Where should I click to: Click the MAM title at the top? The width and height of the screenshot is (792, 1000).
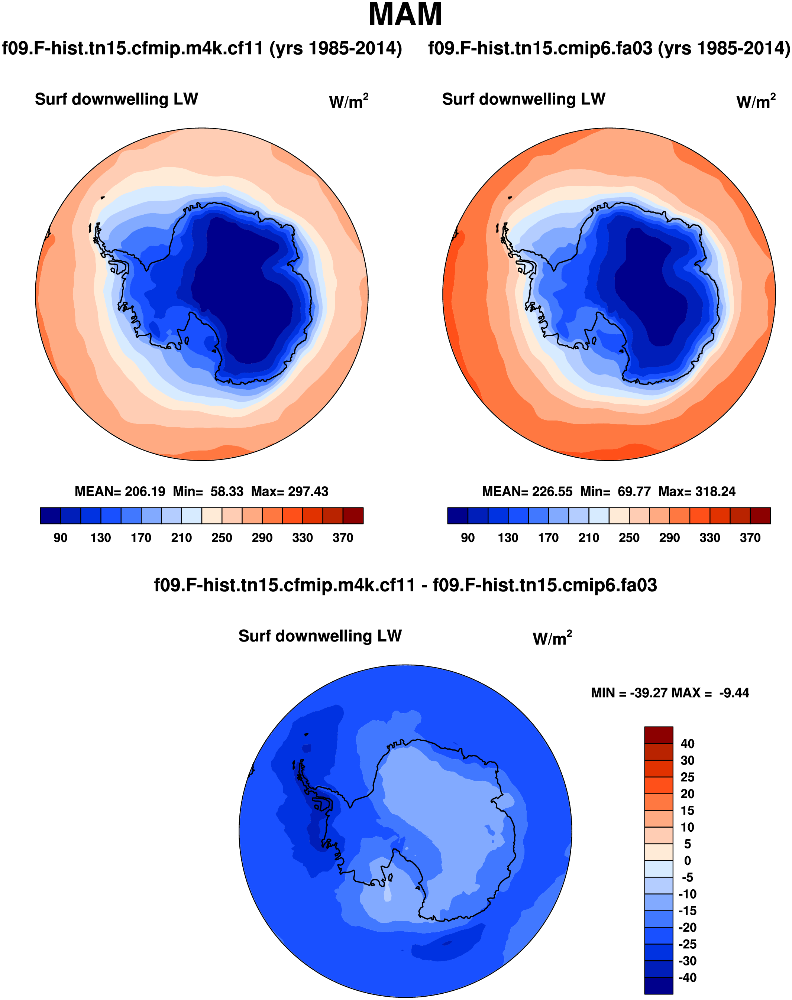click(405, 15)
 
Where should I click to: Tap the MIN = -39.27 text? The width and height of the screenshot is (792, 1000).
click(629, 693)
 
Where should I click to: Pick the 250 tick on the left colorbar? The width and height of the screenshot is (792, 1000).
click(222, 538)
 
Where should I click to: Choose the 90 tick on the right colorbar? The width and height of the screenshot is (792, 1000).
click(468, 538)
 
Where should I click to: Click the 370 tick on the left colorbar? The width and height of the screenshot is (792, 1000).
click(343, 538)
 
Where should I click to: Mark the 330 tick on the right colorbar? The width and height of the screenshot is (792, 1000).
click(709, 538)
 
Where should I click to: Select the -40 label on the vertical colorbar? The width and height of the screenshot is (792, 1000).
click(687, 978)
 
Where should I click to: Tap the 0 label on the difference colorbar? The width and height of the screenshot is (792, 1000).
click(688, 861)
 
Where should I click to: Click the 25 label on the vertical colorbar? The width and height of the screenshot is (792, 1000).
click(687, 777)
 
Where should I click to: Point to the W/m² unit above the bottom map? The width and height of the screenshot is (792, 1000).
click(552, 638)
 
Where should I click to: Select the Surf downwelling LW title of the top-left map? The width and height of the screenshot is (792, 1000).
click(116, 99)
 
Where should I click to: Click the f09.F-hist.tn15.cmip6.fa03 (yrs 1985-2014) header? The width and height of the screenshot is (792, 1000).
click(609, 48)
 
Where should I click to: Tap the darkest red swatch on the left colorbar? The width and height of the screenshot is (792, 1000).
click(353, 516)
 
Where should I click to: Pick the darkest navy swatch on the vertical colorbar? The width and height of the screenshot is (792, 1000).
click(659, 986)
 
